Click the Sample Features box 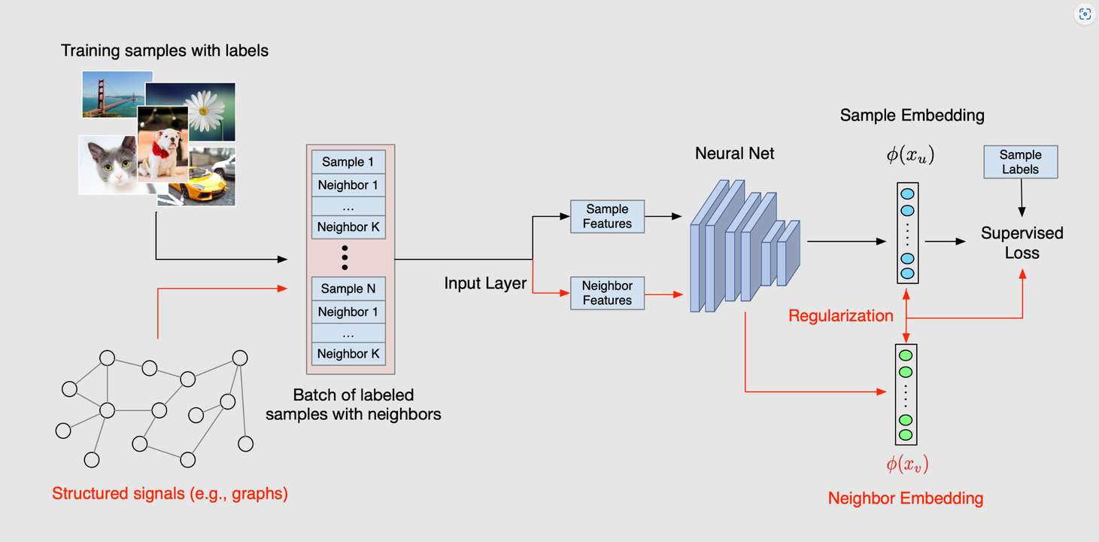coord(607,217)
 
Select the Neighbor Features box coord(607,294)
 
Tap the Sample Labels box coord(1020,162)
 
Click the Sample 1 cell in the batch coord(348,162)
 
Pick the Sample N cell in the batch coord(348,289)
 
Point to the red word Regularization coord(840,316)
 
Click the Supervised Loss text coord(1022,243)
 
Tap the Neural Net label coord(734,154)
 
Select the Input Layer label coord(485,284)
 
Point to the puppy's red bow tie coord(160,149)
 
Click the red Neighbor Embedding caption coord(905,498)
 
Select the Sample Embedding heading coord(912,115)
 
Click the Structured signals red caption coord(170,495)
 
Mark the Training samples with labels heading coord(164,51)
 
